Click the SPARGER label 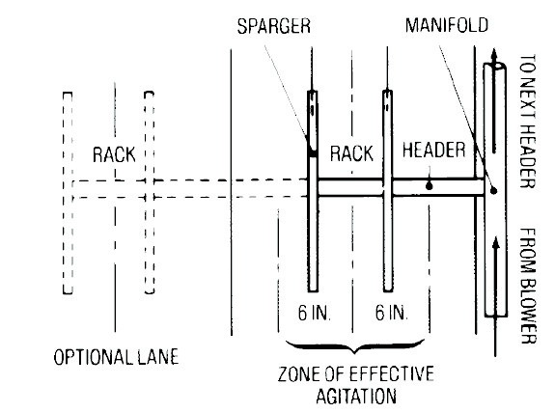coord(273,26)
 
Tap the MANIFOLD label coord(447,25)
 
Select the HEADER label coord(433,150)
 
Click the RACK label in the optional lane coord(114,154)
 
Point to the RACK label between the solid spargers coord(351,153)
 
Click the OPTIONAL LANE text coord(116,357)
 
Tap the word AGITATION coord(356,396)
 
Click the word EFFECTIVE coord(392,373)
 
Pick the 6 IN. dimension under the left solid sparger coord(315,313)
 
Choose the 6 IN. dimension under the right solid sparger coord(392,313)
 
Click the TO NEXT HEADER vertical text coord(528,121)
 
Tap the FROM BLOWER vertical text coord(528,286)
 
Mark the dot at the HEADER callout coord(429,185)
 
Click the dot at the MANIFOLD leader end coord(493,191)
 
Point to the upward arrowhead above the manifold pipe coord(494,56)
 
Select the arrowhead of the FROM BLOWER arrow coord(496,243)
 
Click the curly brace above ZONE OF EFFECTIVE coord(355,346)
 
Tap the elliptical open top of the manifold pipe coord(495,66)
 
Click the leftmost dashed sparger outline coord(68,193)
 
